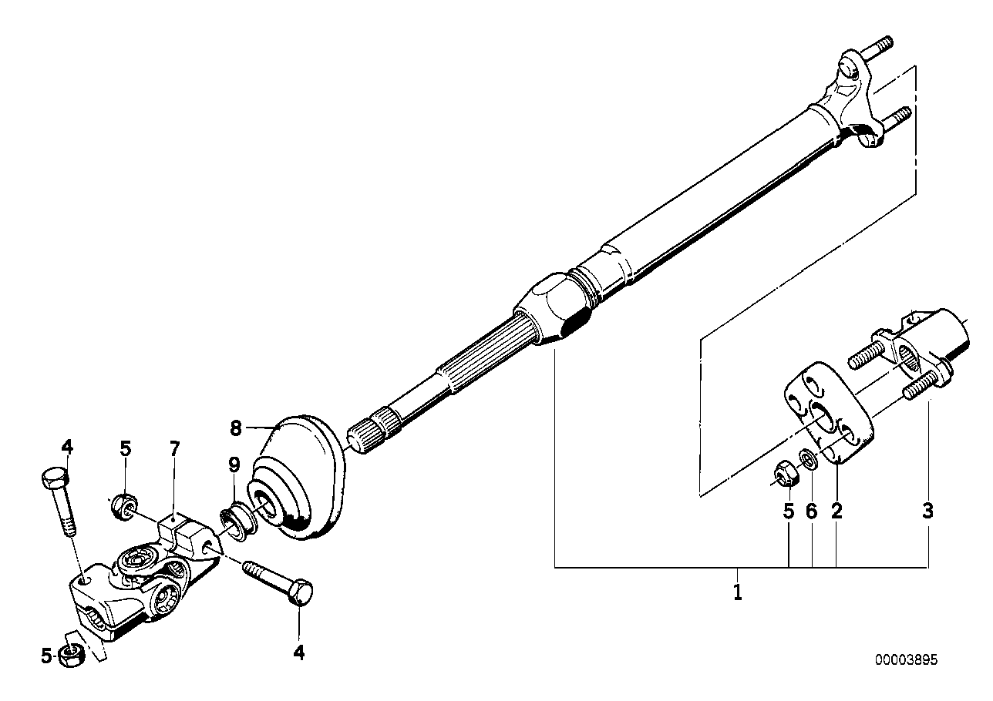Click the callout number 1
coord(738,592)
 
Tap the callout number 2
coord(836,511)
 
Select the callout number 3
coord(927,511)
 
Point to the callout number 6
coord(811,511)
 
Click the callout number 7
coord(175,449)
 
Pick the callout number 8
coord(236,428)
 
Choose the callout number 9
coord(234,465)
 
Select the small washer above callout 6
coord(810,458)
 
